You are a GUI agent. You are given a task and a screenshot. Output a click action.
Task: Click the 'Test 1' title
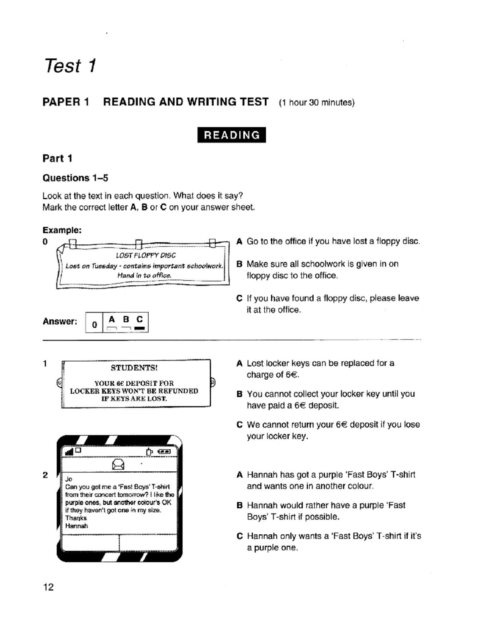[x=70, y=65]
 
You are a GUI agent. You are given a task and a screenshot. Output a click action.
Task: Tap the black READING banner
[x=231, y=135]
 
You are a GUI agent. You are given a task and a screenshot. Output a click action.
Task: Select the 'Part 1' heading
[x=57, y=158]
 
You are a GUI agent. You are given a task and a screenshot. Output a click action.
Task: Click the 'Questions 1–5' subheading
[x=75, y=178]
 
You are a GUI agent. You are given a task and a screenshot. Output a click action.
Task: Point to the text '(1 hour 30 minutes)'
[x=317, y=102]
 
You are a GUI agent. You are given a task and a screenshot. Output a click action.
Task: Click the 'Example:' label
[x=62, y=230]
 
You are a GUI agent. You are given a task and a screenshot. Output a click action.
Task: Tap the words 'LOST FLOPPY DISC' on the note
[x=145, y=256]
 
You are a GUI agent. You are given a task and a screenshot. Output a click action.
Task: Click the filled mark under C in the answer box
[x=139, y=328]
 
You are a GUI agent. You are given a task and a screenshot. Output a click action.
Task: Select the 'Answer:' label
[x=60, y=321]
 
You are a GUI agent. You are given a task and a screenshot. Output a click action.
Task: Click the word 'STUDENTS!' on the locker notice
[x=134, y=368]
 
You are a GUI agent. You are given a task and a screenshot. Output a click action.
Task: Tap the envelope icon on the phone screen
[x=118, y=464]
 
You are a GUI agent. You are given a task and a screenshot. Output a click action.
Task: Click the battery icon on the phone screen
[x=165, y=452]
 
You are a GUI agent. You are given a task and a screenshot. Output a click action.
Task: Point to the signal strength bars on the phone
[x=69, y=452]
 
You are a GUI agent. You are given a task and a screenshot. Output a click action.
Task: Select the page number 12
[x=48, y=587]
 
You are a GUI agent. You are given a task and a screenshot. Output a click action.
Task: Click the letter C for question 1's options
[x=239, y=425]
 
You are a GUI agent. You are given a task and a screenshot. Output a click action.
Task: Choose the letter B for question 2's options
[x=239, y=505]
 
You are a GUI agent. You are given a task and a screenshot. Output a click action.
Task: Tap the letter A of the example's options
[x=239, y=241]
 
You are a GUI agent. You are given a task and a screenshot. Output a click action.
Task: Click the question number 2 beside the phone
[x=45, y=475]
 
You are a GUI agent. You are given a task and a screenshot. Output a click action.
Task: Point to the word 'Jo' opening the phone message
[x=69, y=479]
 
